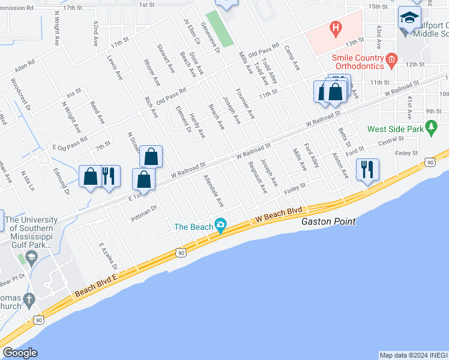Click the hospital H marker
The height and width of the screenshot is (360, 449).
[x=336, y=28]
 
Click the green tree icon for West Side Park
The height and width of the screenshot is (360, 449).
[x=430, y=127]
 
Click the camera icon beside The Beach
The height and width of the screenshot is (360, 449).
[x=221, y=226]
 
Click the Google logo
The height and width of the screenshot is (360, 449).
[x=20, y=353]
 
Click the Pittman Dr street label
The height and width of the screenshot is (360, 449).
[x=144, y=214]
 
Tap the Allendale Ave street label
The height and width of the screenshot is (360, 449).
[x=214, y=191]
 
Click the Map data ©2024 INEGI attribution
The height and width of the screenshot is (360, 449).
[x=414, y=355]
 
